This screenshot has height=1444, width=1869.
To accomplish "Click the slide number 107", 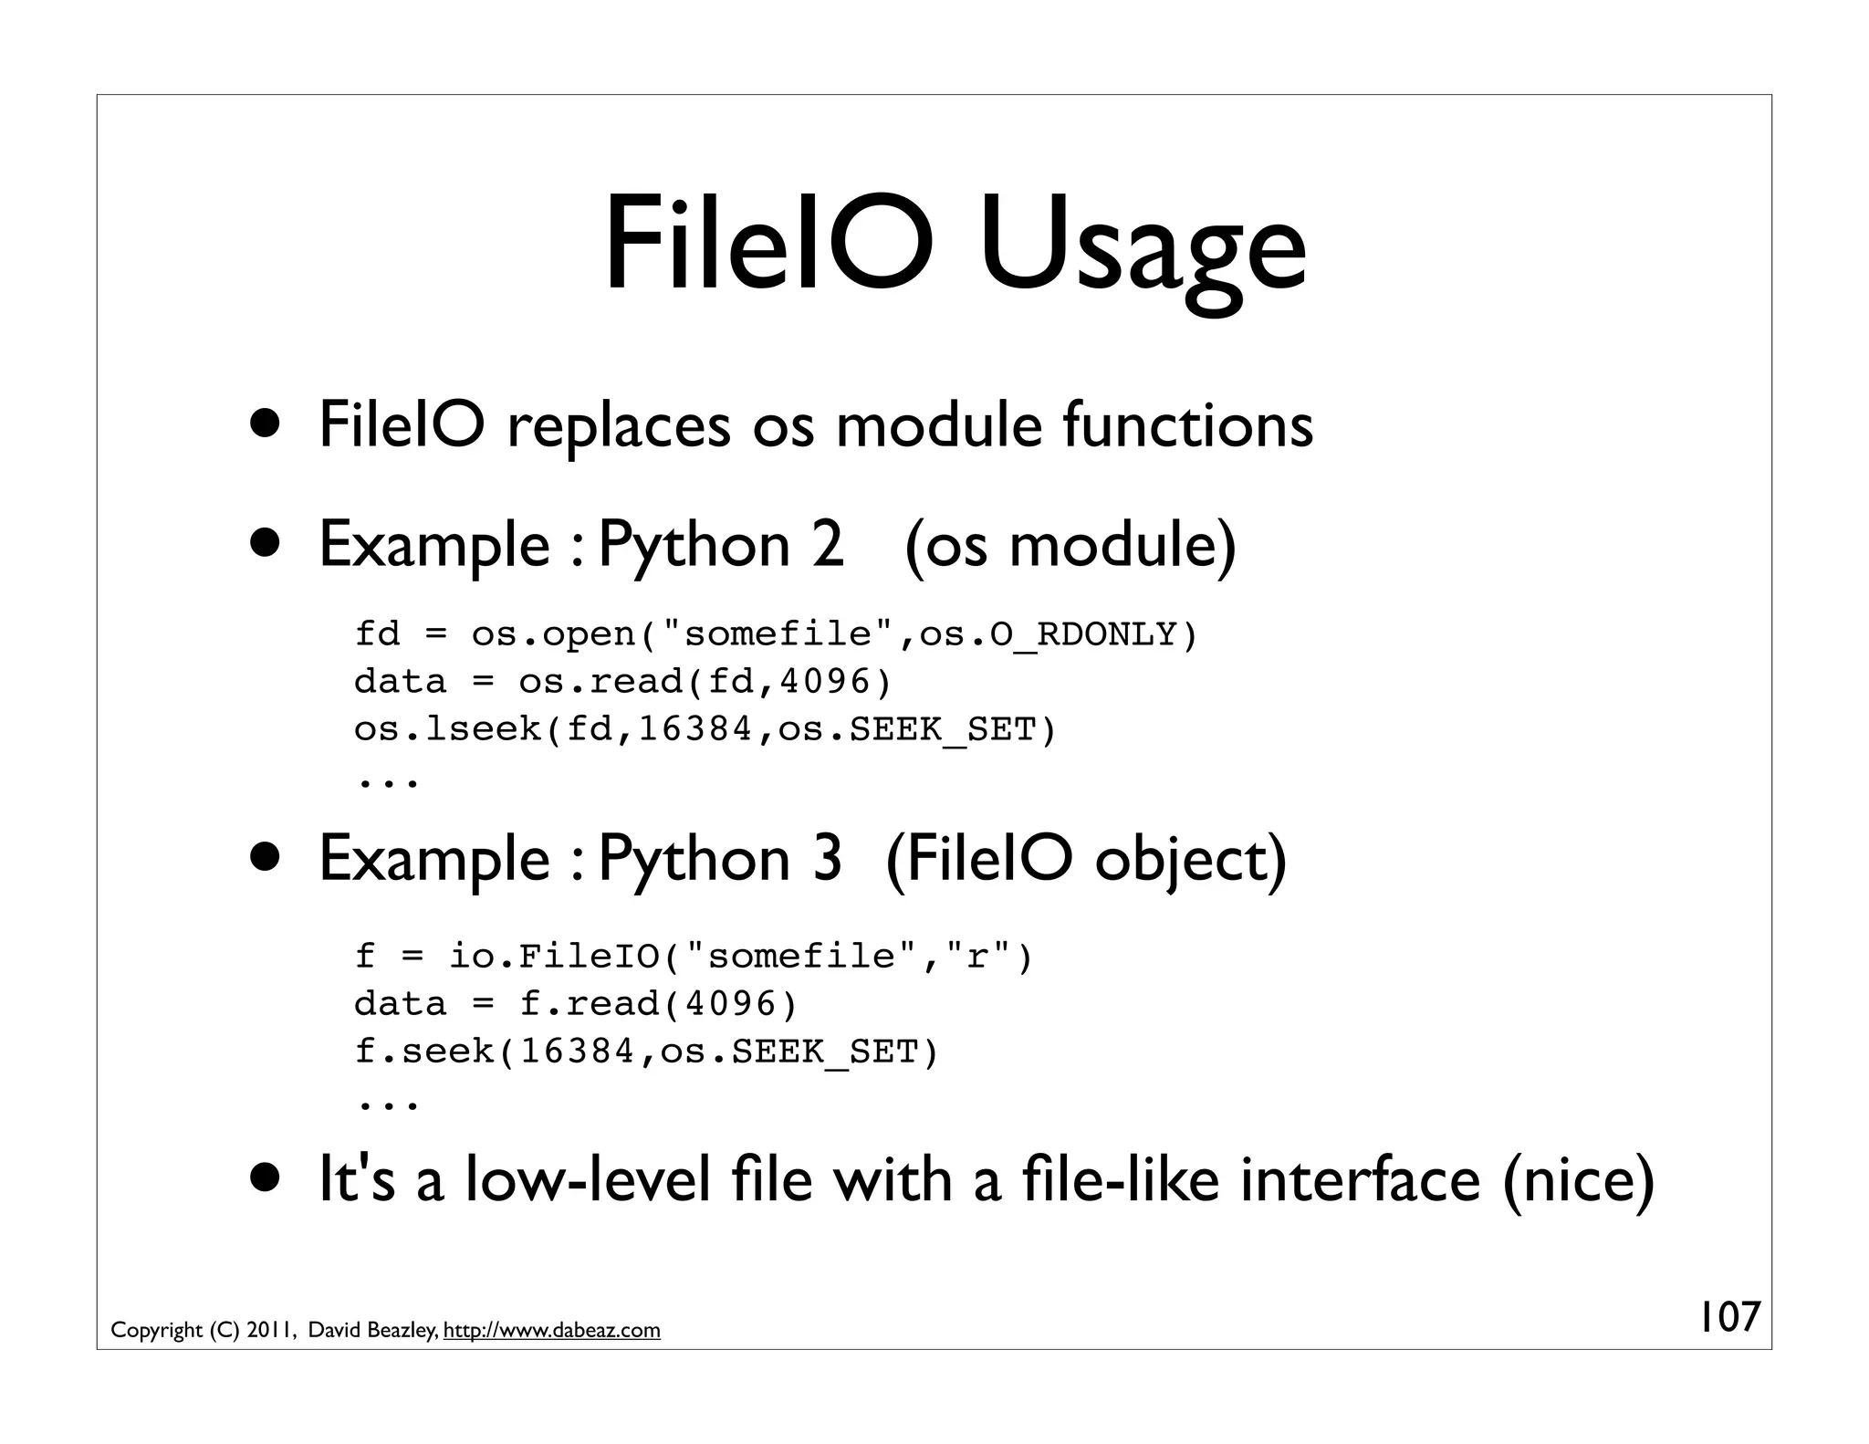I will pos(1728,1317).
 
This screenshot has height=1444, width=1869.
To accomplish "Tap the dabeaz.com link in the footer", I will pos(551,1331).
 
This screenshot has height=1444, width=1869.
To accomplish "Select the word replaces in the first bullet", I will pos(619,426).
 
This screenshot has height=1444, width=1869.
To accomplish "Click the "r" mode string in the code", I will pos(977,956).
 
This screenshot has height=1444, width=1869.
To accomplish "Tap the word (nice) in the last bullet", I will pos(1578,1180).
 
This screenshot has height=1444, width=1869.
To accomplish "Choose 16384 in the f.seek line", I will pos(577,1052).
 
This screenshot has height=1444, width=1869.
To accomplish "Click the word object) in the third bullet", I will pos(1189,861).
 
